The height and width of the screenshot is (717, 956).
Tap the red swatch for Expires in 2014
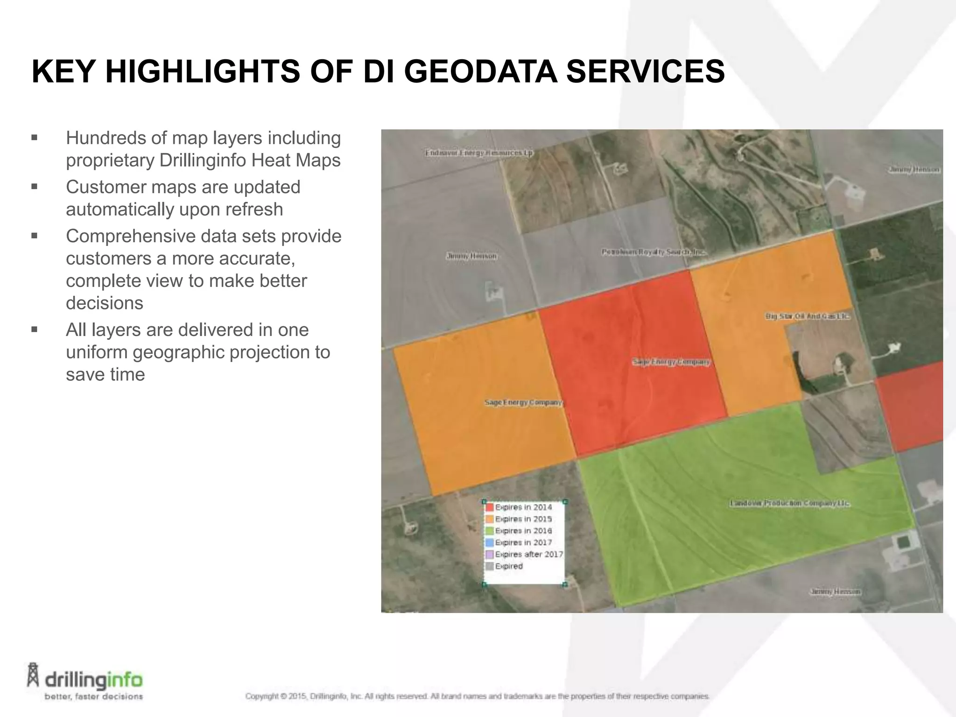489,507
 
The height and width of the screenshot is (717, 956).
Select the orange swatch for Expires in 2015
489,519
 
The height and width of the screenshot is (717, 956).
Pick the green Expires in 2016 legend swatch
489,531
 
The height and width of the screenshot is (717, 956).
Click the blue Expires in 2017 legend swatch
489,542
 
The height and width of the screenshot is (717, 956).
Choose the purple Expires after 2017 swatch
489,555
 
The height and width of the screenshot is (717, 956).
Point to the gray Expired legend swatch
489,566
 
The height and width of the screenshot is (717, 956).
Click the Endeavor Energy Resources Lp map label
479,153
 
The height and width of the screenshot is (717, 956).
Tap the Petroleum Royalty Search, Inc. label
654,252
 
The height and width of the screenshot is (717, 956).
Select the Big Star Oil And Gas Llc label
807,316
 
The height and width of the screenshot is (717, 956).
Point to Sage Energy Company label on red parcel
671,362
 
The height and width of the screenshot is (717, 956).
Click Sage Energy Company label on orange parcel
523,402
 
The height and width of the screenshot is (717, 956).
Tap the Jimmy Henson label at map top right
914,170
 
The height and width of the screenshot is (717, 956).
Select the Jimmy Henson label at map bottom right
835,591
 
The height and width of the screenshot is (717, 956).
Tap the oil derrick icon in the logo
33,675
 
